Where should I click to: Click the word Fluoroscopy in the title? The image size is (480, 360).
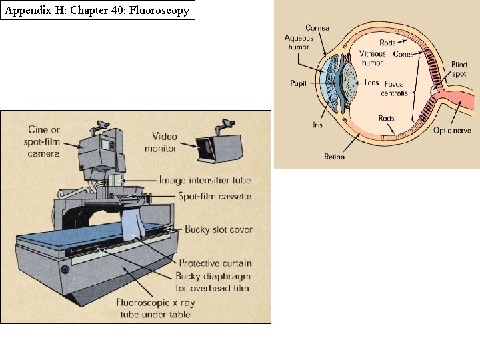click(x=162, y=10)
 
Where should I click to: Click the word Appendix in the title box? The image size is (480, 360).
click(x=25, y=10)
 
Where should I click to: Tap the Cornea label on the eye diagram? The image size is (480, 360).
click(x=317, y=27)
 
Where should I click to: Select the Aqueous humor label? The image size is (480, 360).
click(x=299, y=43)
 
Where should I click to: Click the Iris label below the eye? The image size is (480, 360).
click(x=318, y=125)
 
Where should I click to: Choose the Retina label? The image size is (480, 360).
click(x=335, y=157)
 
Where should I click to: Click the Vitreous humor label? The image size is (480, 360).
click(x=373, y=58)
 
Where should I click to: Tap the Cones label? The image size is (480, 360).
click(x=403, y=54)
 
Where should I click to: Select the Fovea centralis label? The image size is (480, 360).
click(x=393, y=89)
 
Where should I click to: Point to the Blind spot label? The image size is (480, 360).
click(x=459, y=69)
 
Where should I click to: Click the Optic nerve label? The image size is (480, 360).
click(x=452, y=130)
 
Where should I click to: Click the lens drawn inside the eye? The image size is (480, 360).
click(x=349, y=83)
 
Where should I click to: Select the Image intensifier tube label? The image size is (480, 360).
click(x=205, y=180)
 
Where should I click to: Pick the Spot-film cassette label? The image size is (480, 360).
click(x=214, y=196)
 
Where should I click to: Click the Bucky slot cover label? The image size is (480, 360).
click(x=219, y=229)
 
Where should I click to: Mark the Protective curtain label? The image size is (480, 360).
click(x=215, y=263)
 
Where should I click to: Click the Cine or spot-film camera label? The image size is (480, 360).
click(x=44, y=141)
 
